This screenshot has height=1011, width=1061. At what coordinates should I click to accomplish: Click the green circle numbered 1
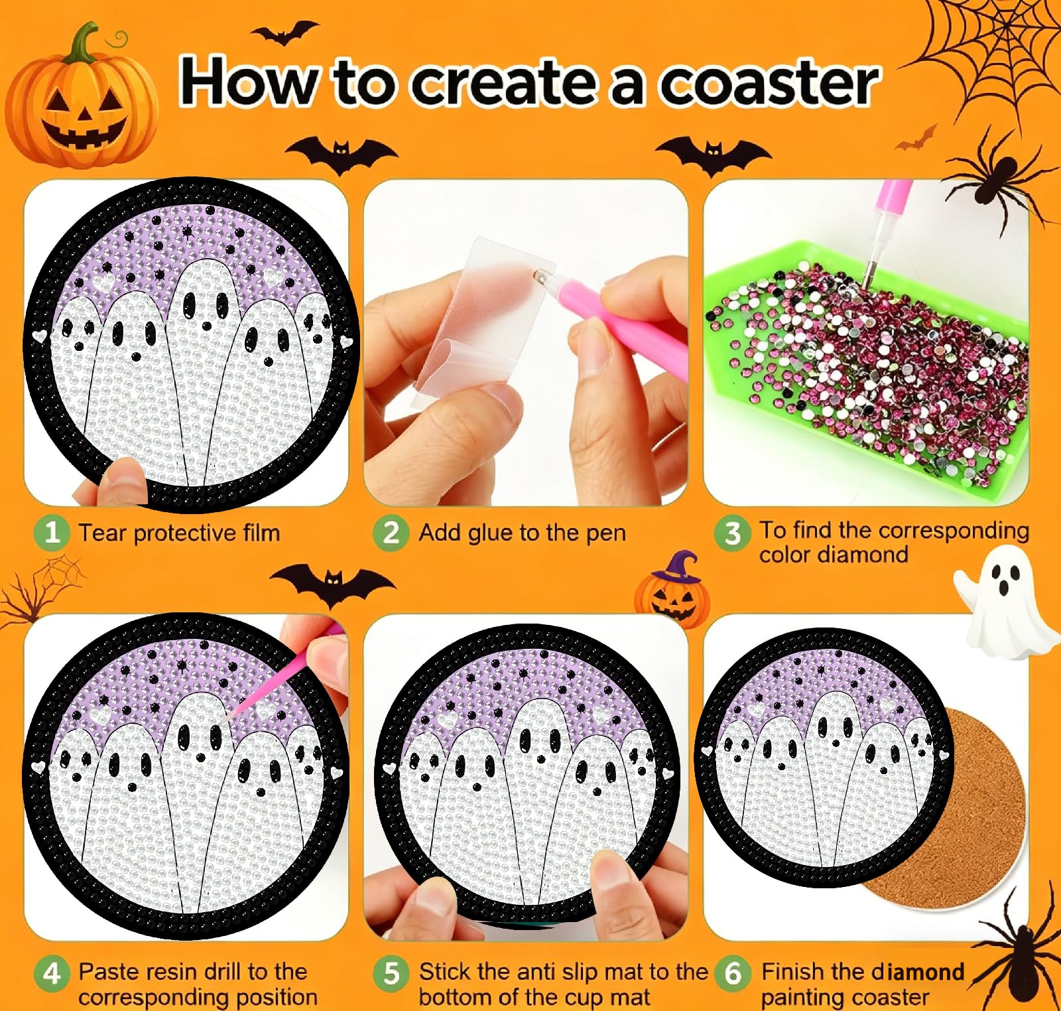pos(52,532)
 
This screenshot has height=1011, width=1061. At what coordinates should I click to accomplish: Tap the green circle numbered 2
pos(391,532)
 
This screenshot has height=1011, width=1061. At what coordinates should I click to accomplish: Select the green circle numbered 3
pos(732,533)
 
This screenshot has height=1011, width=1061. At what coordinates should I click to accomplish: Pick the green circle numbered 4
pos(52,973)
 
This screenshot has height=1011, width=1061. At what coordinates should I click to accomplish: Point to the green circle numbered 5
pos(391,973)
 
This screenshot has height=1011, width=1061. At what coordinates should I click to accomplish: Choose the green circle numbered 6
pos(732,973)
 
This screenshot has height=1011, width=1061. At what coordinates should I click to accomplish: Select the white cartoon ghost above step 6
pos(1003,601)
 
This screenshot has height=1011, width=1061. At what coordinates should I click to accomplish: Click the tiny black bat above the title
pos(284,33)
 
